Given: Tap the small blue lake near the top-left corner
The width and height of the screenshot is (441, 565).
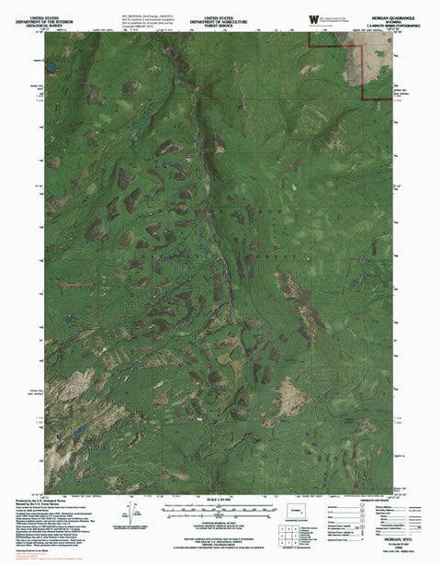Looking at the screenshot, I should pyautogui.click(x=53, y=68).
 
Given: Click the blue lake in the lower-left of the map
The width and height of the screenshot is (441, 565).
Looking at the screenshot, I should pyautogui.click(x=77, y=428).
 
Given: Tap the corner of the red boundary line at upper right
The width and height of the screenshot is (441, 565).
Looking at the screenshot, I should pyautogui.click(x=367, y=96).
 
